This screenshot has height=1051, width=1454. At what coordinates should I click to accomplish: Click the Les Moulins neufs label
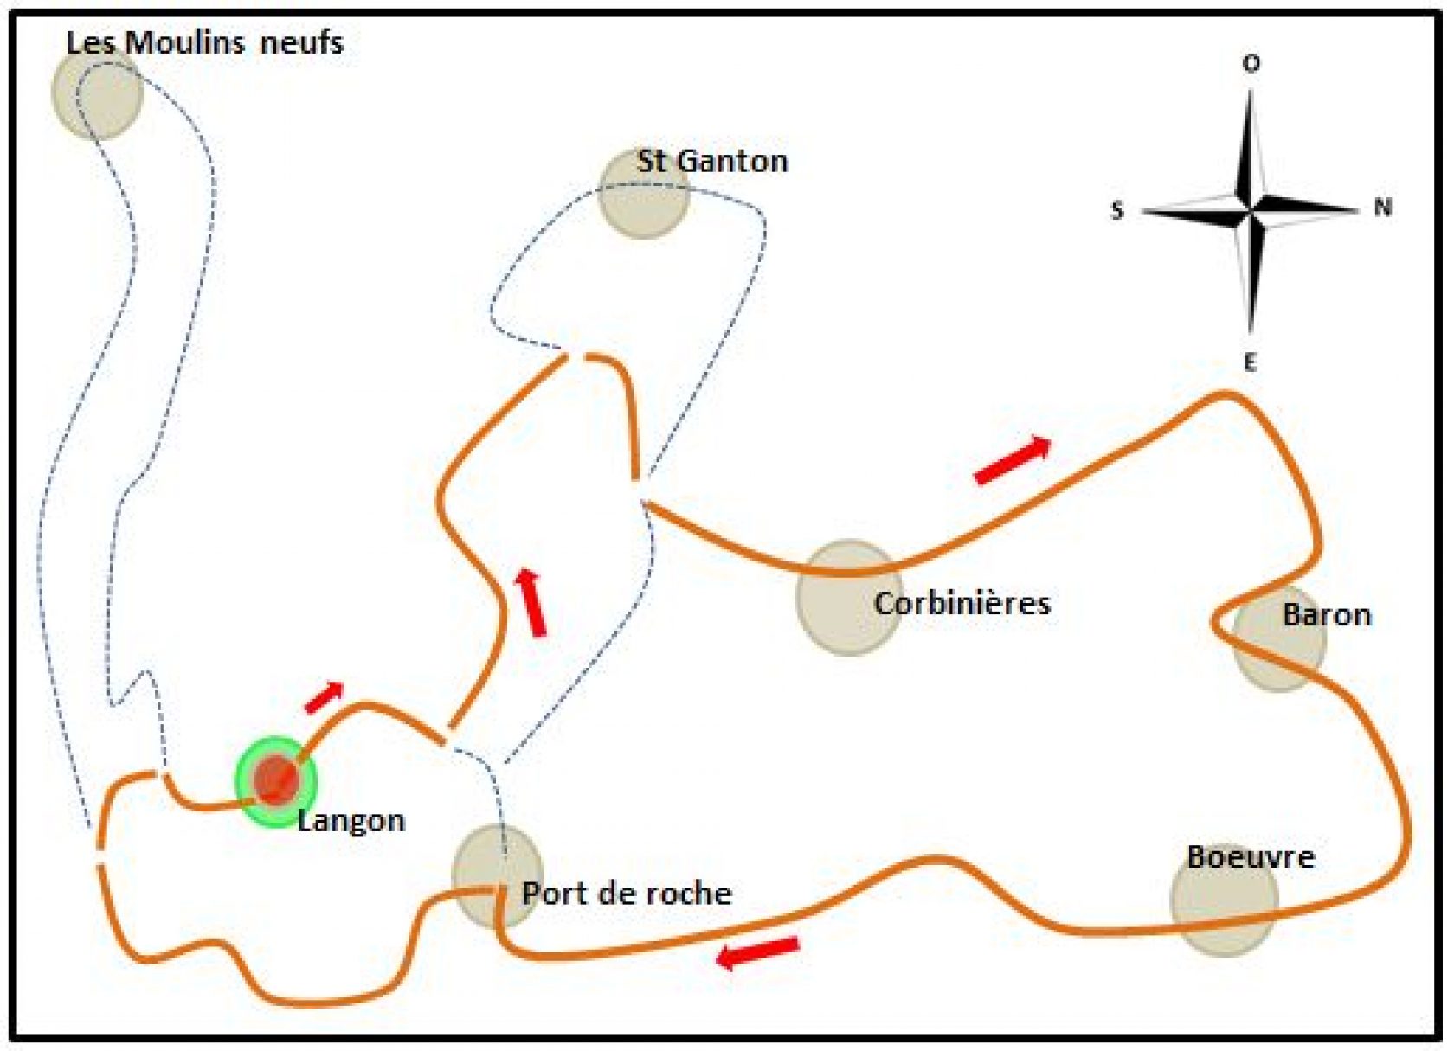[204, 43]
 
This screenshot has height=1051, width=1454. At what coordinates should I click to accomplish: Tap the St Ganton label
[712, 161]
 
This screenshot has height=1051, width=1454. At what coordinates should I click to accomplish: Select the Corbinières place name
[962, 604]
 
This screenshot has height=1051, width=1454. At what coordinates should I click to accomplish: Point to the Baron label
[1327, 615]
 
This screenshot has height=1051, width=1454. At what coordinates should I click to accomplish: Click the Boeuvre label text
[1251, 857]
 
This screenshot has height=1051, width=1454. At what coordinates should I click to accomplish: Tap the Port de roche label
[627, 894]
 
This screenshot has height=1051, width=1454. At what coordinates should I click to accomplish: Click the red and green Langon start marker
[276, 782]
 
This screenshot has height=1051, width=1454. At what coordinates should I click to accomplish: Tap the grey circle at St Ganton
[643, 193]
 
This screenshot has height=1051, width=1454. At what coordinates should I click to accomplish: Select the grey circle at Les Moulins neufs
[97, 93]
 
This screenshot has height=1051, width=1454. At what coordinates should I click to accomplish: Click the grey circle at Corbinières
[850, 598]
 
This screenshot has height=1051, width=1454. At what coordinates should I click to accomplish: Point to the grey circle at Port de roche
[497, 876]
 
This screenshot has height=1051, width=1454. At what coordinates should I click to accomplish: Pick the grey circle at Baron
[1279, 638]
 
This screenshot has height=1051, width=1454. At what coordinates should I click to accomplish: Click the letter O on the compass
[1251, 64]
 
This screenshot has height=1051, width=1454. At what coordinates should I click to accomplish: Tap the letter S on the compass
[1116, 211]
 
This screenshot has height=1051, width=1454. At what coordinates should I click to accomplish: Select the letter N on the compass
[1383, 208]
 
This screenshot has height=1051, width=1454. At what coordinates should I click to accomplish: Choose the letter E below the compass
[1250, 362]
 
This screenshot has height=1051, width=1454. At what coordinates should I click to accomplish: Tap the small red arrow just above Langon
[324, 697]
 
